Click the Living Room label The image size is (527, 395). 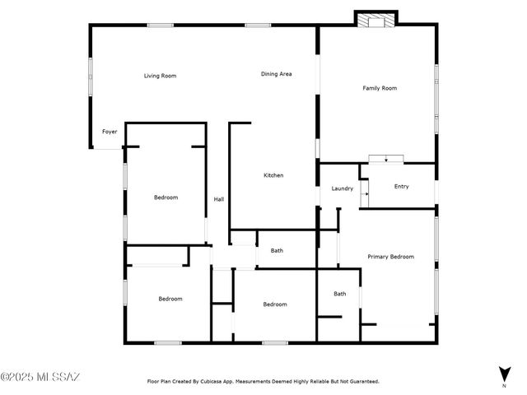[161, 76]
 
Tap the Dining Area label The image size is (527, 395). [277, 74]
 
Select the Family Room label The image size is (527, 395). [380, 88]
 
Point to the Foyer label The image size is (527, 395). [110, 132]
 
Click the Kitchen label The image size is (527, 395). [273, 175]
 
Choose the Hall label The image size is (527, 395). [219, 199]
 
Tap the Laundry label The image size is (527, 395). [343, 188]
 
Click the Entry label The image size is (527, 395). [401, 187]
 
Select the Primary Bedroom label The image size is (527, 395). [390, 257]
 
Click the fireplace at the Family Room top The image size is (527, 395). [375, 19]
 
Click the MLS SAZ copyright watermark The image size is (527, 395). [40, 378]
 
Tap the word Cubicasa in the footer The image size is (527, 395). [219, 382]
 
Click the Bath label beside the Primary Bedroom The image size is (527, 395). [340, 294]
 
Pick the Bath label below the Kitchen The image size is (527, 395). [277, 251]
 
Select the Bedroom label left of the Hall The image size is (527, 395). [166, 197]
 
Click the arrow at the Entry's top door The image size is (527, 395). [385, 158]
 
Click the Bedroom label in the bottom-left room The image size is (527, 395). [170, 299]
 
